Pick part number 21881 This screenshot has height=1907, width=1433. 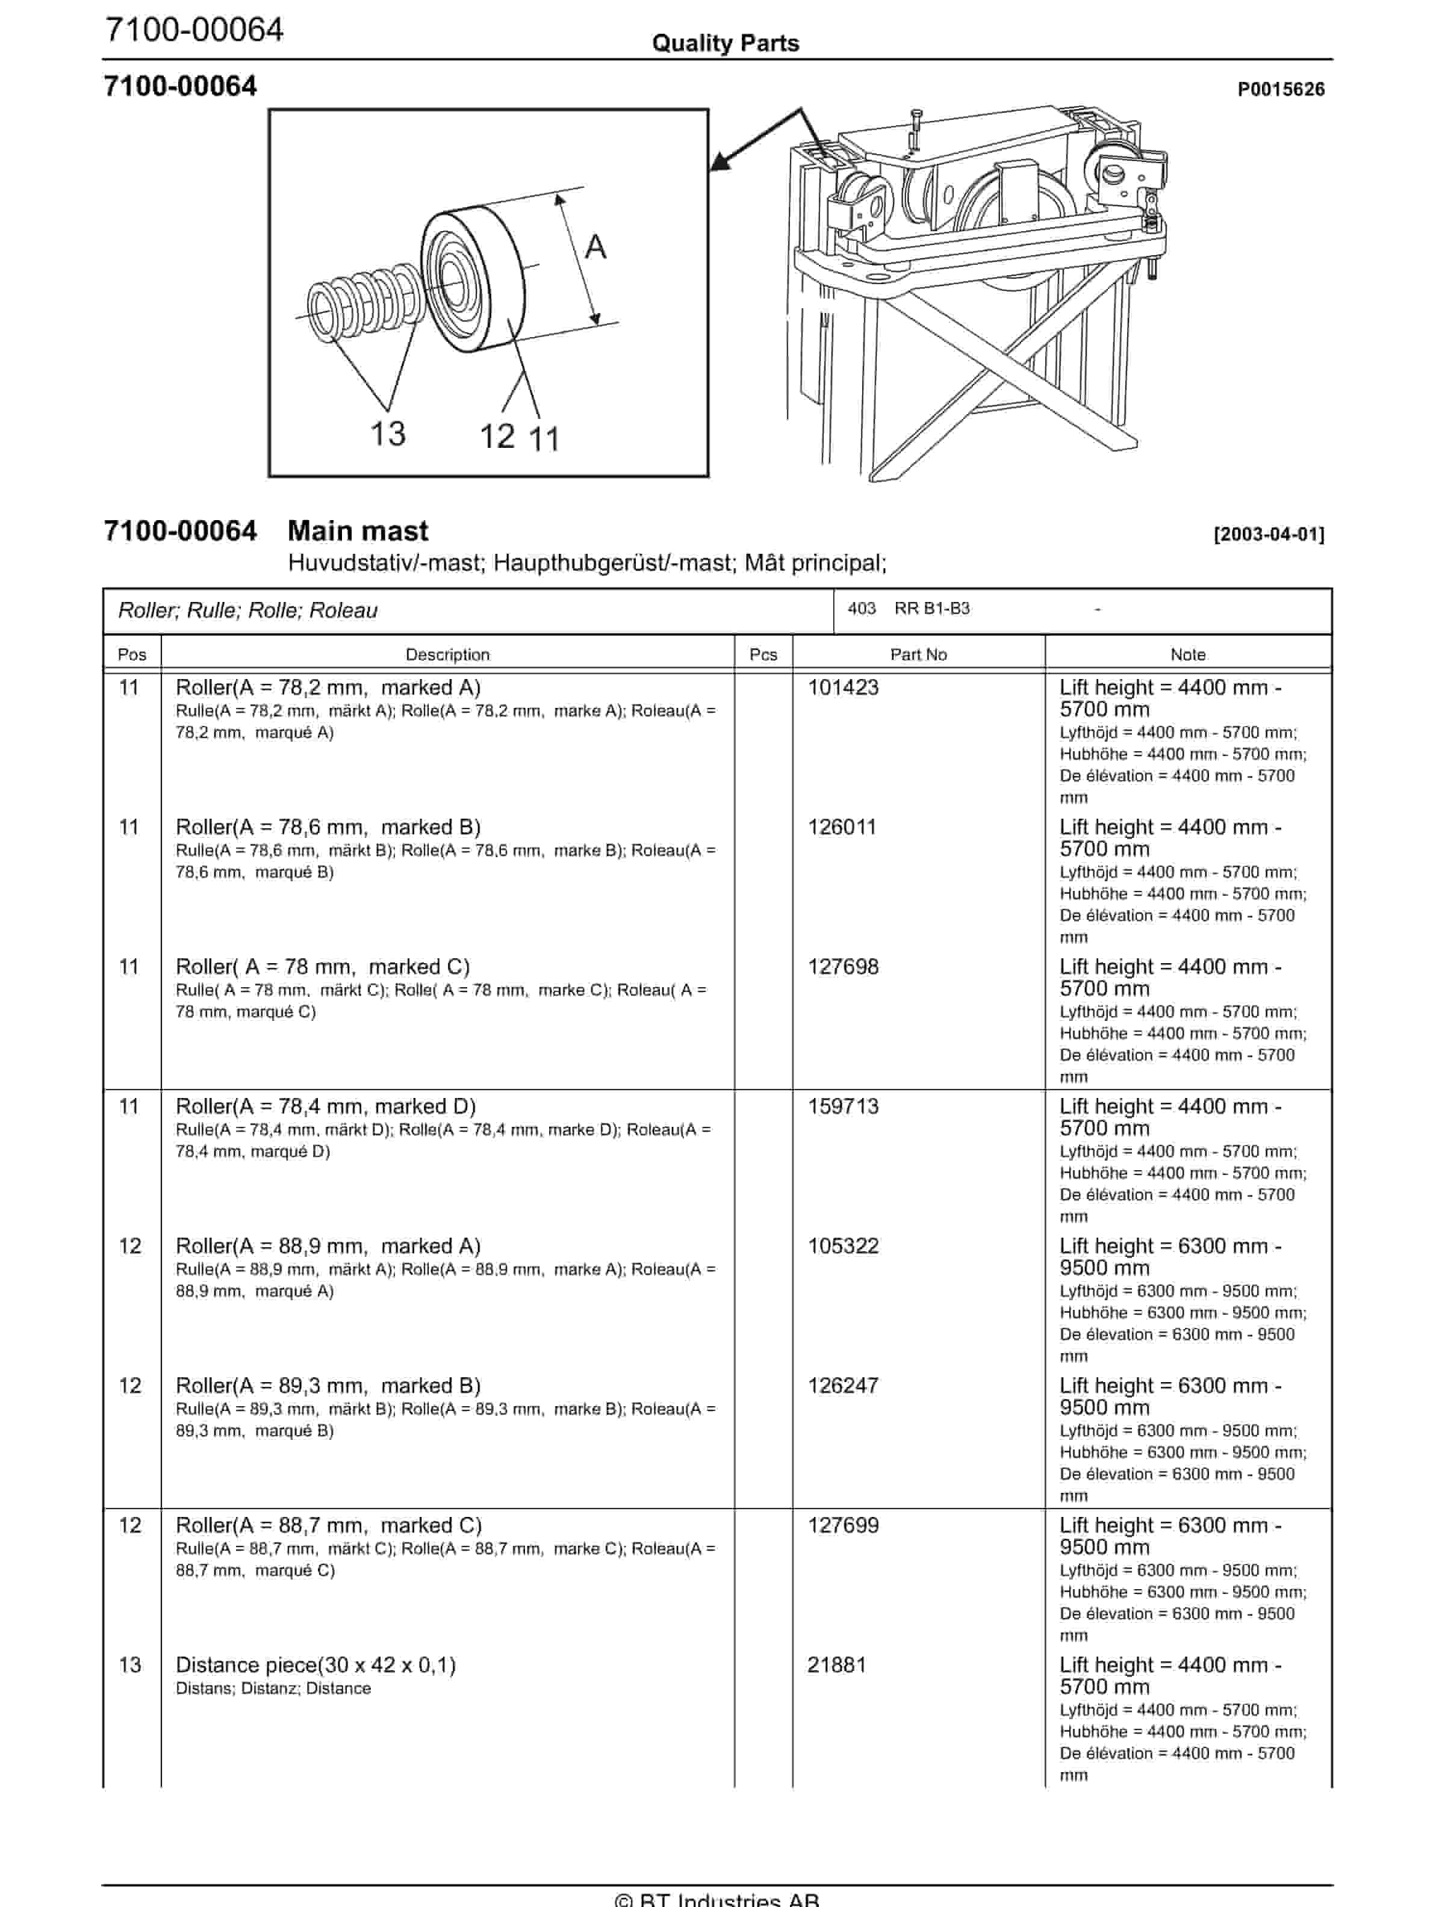[836, 1665]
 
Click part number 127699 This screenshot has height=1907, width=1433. [842, 1525]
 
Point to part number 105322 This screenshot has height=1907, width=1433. [842, 1246]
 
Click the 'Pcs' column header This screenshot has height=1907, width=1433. [763, 654]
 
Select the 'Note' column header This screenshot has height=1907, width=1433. [1187, 654]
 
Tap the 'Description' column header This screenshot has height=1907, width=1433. [447, 654]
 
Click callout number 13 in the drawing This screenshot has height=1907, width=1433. [388, 433]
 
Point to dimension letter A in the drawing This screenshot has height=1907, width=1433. [595, 247]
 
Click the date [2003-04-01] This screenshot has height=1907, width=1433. [1268, 534]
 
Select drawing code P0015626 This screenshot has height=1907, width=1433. [1281, 89]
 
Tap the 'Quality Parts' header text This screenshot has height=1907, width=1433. [725, 43]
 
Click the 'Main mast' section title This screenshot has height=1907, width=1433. [358, 530]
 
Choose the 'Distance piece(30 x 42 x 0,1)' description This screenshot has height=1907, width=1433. [316, 1665]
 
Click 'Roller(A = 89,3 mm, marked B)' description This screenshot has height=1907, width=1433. [328, 1386]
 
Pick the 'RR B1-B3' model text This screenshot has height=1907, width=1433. [931, 609]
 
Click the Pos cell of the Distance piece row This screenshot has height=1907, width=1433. [129, 1665]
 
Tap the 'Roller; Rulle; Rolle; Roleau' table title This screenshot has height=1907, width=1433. [247, 610]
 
